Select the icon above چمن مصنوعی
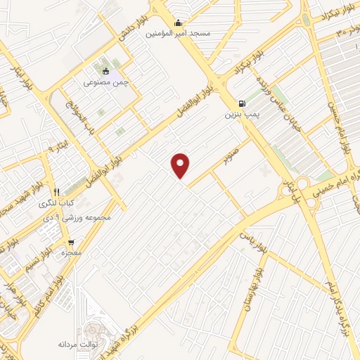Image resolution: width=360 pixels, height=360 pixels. point(106,71)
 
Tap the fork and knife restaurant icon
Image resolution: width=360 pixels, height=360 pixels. point(56,191)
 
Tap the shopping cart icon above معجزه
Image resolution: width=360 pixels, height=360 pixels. point(72,240)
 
